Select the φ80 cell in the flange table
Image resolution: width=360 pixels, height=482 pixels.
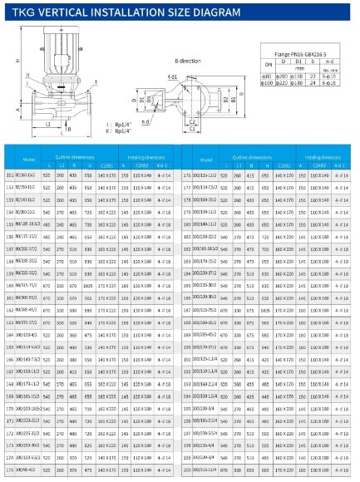266,77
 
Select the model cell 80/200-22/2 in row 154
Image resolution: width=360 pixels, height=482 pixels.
29,212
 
